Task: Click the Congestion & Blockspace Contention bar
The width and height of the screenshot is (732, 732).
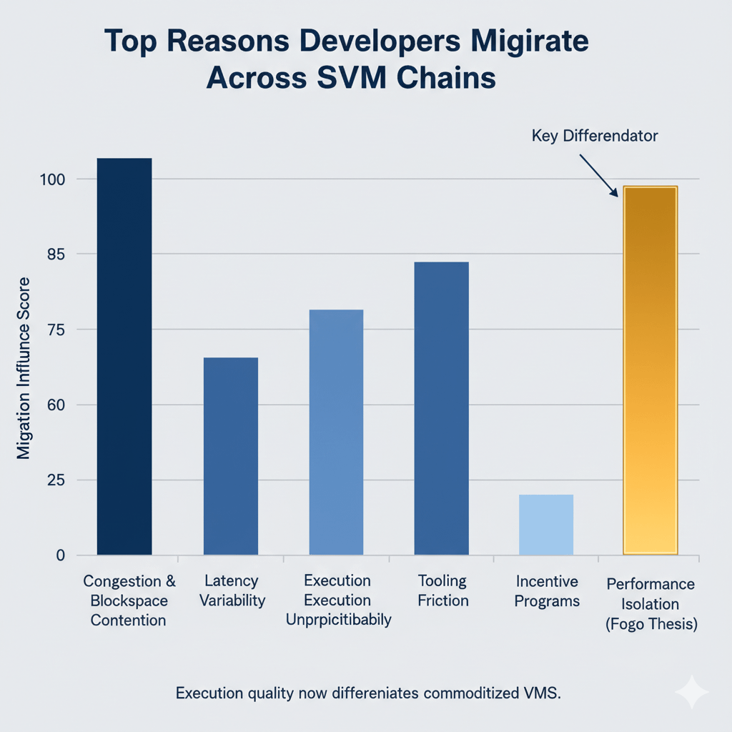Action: pos(124,357)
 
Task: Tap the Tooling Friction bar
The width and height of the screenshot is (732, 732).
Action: pos(441,408)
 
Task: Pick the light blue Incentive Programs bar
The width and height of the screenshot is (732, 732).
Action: pos(546,525)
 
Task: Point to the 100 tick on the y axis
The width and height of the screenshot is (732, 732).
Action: pos(54,179)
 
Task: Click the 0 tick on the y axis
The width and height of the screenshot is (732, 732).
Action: pos(61,555)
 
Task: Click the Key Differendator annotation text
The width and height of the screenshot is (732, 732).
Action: pos(594,136)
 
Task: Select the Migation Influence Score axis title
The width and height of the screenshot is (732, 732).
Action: pos(24,367)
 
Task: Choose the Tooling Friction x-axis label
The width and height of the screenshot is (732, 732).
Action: pos(443,590)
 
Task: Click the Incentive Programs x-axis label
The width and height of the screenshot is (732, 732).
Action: pos(548,590)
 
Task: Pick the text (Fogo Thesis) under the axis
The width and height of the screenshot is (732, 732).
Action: pos(651,623)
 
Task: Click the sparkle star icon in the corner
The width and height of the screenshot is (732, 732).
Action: pos(691,693)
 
